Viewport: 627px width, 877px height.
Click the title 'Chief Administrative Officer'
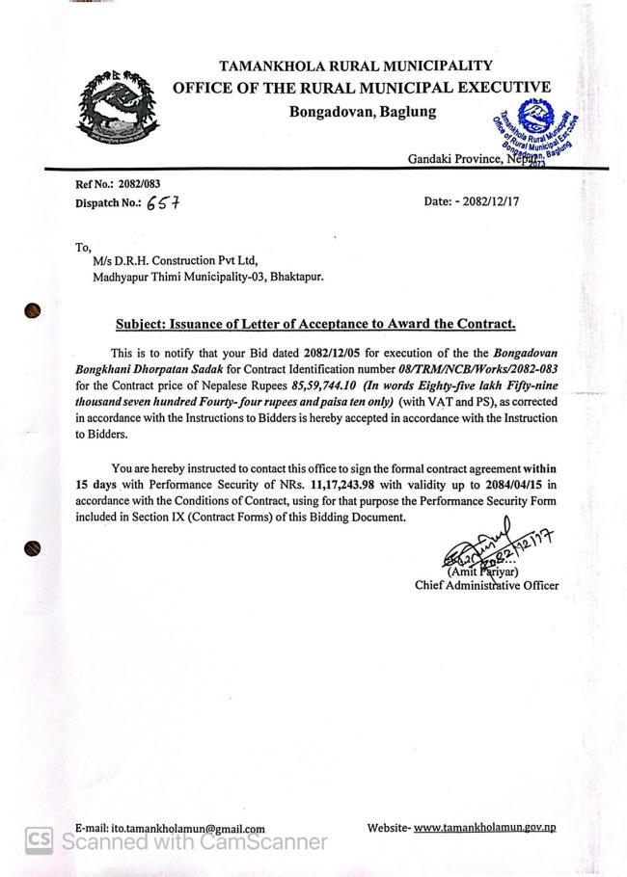pyautogui.click(x=486, y=585)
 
